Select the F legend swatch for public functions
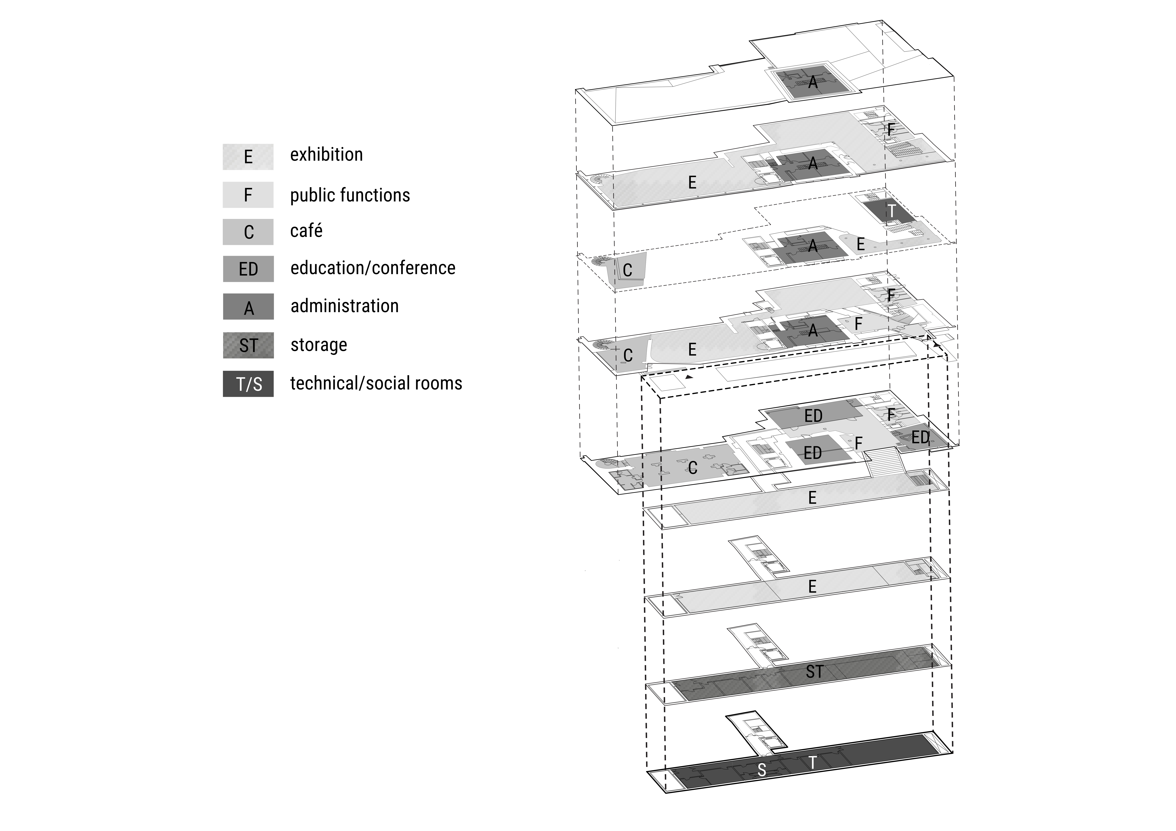click(248, 195)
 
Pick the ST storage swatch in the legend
click(248, 345)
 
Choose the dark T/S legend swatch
click(248, 384)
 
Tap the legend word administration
click(344, 306)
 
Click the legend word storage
click(319, 345)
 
